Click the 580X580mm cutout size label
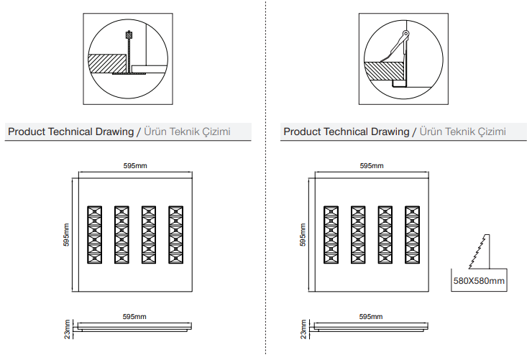click(x=479, y=281)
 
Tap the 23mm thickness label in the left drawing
click(x=67, y=329)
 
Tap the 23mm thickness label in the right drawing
click(x=303, y=329)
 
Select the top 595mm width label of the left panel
click(x=135, y=166)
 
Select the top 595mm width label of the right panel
click(x=372, y=166)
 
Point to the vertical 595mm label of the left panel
click(x=66, y=234)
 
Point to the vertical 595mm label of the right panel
click(x=303, y=234)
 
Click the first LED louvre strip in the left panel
click(x=94, y=234)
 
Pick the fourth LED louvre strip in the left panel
click(x=175, y=234)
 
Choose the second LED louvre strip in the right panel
click(x=358, y=234)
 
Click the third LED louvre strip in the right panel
click(x=385, y=234)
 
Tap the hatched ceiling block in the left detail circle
click(x=107, y=63)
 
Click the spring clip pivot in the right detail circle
click(x=405, y=34)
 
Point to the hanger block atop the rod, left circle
click(x=129, y=34)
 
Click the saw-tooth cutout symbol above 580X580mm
click(x=480, y=251)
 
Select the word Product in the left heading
click(x=27, y=131)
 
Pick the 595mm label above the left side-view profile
click(x=134, y=317)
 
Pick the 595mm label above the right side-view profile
click(x=371, y=317)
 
